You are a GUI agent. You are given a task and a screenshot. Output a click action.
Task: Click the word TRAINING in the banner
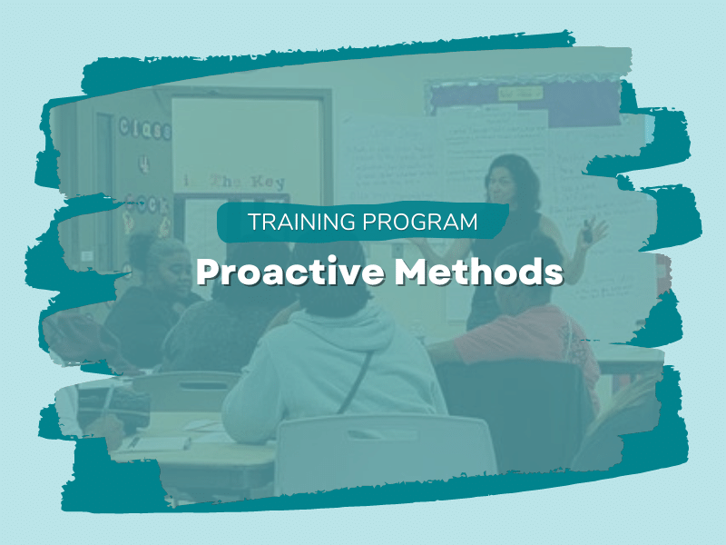[x=292, y=223]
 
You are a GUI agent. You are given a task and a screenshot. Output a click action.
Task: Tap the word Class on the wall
[x=144, y=128]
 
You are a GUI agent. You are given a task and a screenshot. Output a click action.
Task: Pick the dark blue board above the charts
[x=535, y=100]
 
